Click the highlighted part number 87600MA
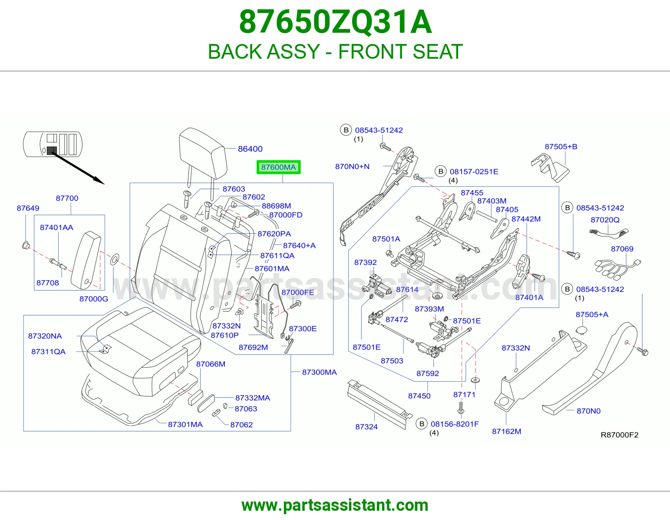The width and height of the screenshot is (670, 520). pyautogui.click(x=278, y=167)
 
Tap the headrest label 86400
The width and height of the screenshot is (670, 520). pyautogui.click(x=250, y=149)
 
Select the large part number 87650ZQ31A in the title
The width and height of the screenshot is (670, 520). pyautogui.click(x=335, y=22)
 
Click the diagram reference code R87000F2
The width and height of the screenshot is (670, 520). pyautogui.click(x=619, y=435)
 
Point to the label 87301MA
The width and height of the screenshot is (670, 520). pyautogui.click(x=186, y=424)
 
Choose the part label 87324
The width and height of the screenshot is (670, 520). pyautogui.click(x=366, y=427)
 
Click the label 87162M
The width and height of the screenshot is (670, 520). pyautogui.click(x=507, y=432)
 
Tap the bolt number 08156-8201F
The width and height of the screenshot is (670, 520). pyautogui.click(x=455, y=424)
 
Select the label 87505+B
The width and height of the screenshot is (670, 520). pyautogui.click(x=561, y=146)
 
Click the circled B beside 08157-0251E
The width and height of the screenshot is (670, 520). pyautogui.click(x=441, y=172)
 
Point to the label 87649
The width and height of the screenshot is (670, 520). pyautogui.click(x=28, y=208)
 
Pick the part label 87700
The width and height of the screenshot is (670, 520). pyautogui.click(x=67, y=198)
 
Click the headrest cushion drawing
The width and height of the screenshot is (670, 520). pyautogui.click(x=203, y=153)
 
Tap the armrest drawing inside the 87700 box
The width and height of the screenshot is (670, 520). pyautogui.click(x=86, y=260)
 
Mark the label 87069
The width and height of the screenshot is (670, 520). pyautogui.click(x=622, y=249)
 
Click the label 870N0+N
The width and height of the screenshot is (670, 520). pyautogui.click(x=352, y=166)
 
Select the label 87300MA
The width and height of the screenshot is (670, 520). pyautogui.click(x=320, y=372)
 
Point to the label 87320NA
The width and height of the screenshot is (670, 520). pyautogui.click(x=45, y=336)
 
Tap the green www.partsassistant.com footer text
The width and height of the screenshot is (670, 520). pyautogui.click(x=335, y=505)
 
